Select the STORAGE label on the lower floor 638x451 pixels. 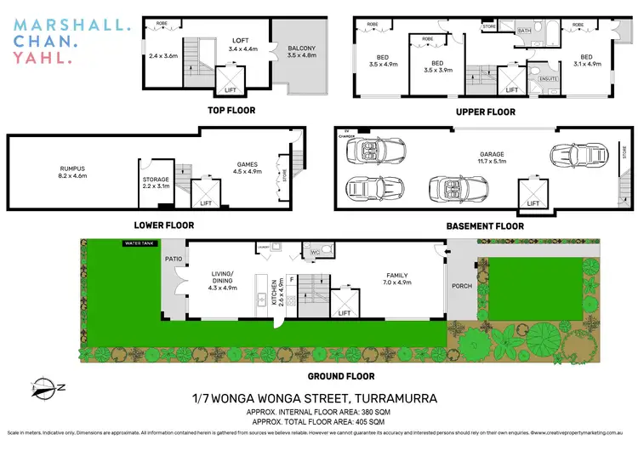pos(156,180)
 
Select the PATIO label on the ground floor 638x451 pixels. pos(174,258)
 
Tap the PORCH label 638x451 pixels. pos(461,286)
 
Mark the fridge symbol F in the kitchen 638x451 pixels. pos(291,277)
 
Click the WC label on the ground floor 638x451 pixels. pos(314,252)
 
